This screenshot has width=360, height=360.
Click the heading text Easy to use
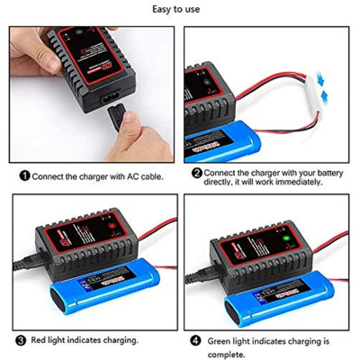click(x=180, y=11)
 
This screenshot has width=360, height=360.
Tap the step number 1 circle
click(x=24, y=176)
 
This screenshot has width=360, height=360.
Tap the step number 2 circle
click(x=197, y=172)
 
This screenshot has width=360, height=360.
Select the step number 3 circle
click(x=20, y=341)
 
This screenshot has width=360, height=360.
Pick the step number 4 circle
click(x=196, y=341)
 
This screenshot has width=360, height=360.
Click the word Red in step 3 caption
click(x=40, y=341)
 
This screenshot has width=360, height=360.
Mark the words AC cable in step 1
click(x=143, y=177)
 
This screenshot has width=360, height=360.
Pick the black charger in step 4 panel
click(x=270, y=243)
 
